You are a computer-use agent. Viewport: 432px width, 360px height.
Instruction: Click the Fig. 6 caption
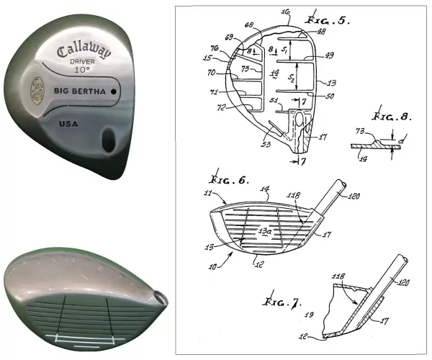224,178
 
